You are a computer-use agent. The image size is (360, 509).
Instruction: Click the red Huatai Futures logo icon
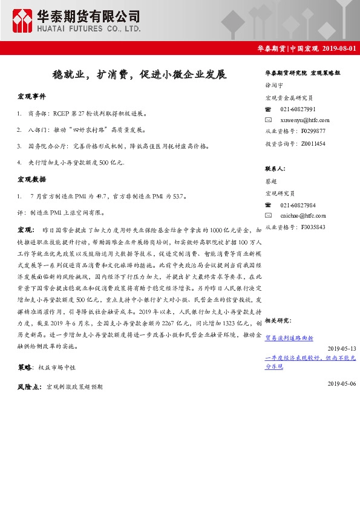click(22, 21)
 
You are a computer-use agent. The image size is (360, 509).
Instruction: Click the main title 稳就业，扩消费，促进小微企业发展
click(139, 75)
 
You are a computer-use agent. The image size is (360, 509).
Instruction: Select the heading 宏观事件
click(31, 97)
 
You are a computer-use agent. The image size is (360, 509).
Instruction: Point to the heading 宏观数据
click(31, 180)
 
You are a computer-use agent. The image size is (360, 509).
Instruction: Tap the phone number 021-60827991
click(298, 109)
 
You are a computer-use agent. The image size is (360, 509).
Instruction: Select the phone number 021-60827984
click(298, 205)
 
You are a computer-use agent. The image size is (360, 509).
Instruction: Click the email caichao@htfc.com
click(303, 216)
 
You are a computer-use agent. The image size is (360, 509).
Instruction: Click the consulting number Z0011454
click(312, 143)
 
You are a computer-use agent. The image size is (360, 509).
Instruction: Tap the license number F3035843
click(312, 227)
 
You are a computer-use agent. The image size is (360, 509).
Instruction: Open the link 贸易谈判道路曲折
click(289, 339)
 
